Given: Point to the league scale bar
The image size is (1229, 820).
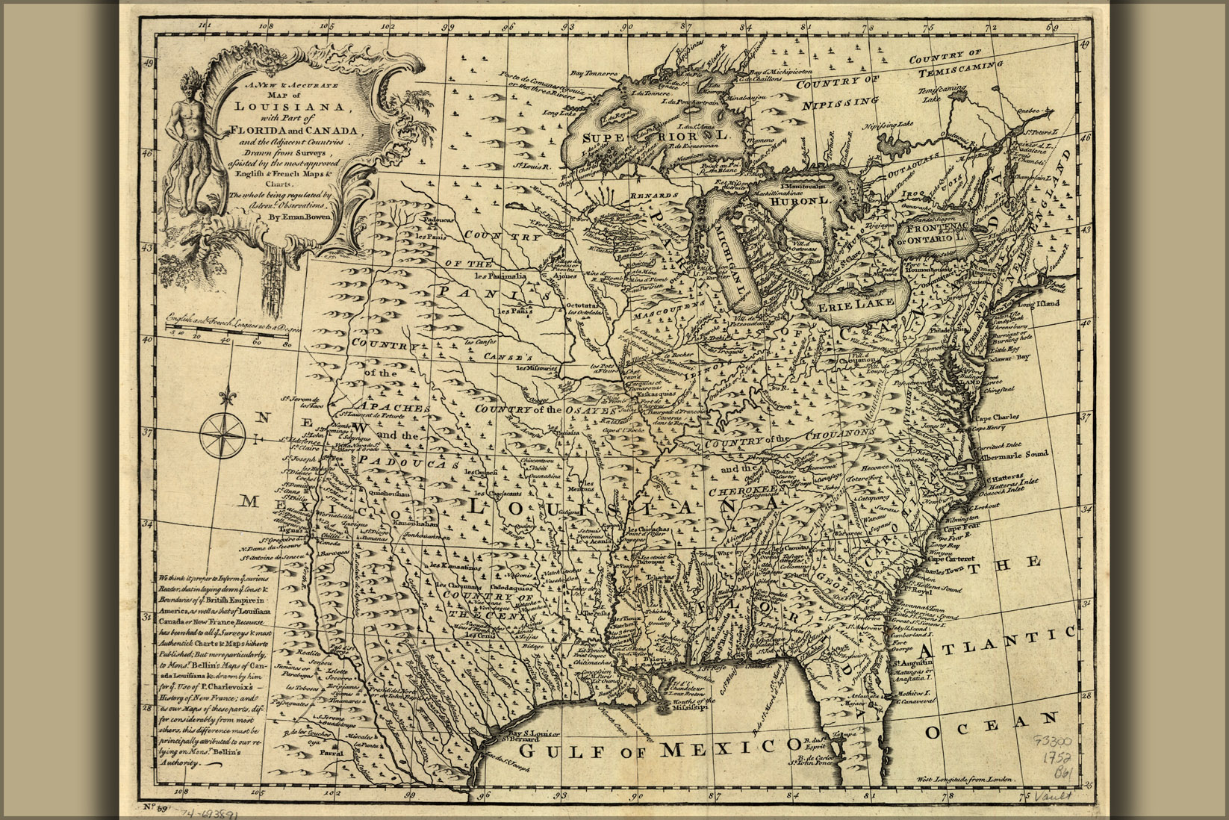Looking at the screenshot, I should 227,329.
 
